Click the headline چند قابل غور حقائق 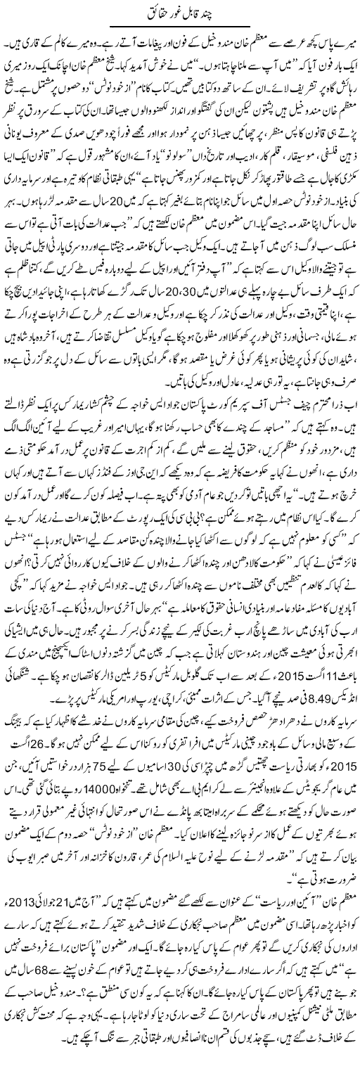coord(180,12)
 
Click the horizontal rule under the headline coord(180,27)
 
